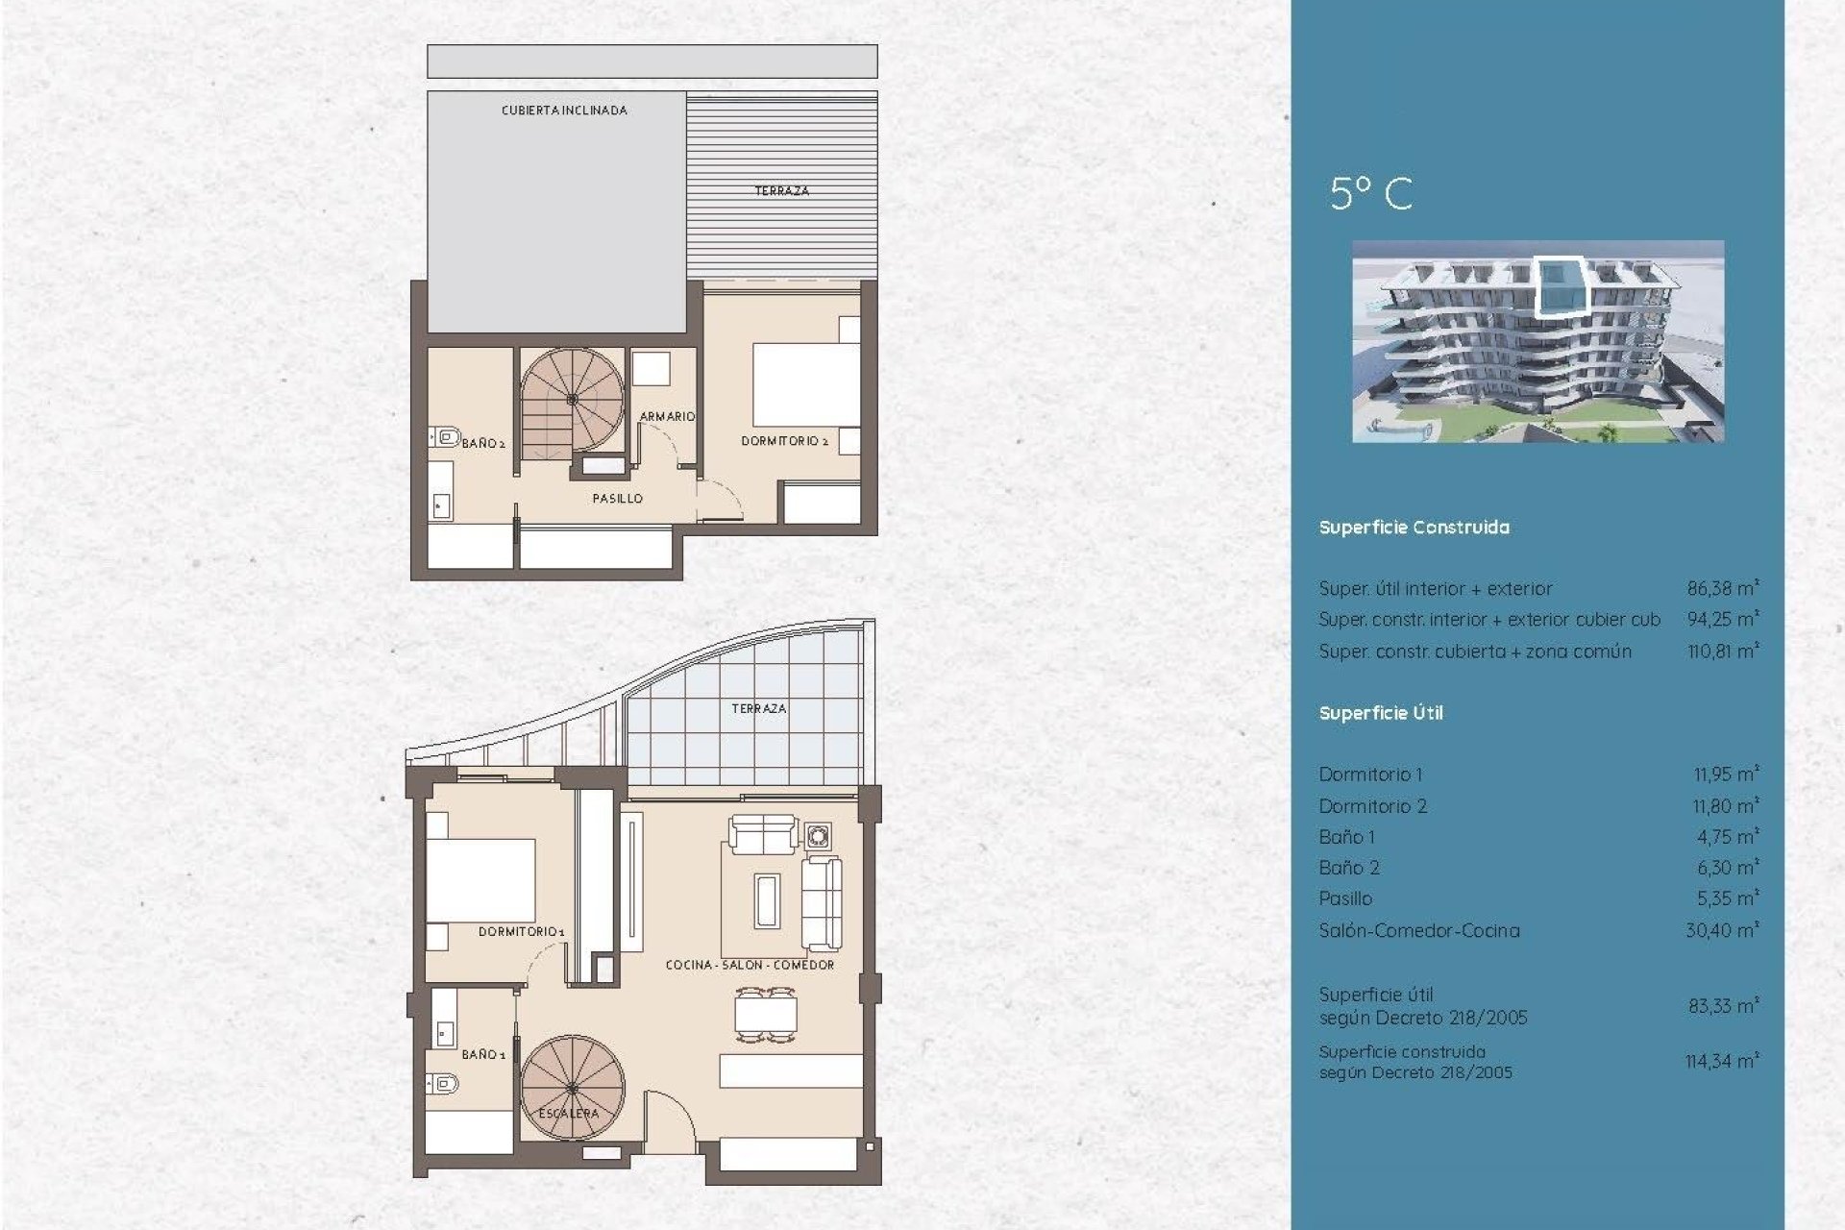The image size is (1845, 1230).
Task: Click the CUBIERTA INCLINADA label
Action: (564, 111)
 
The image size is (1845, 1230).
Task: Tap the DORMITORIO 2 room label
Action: (784, 441)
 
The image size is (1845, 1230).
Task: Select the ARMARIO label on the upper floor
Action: (667, 416)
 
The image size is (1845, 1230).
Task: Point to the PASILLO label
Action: (617, 498)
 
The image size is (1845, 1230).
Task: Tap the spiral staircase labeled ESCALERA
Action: (572, 1087)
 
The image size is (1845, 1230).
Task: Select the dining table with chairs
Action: (766, 1015)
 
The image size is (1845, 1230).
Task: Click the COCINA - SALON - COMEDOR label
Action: (750, 964)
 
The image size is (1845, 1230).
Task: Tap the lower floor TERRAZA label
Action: (758, 708)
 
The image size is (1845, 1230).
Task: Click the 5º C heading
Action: (1370, 193)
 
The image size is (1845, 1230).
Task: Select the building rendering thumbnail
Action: (1537, 341)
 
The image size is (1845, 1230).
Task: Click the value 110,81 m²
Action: (1722, 651)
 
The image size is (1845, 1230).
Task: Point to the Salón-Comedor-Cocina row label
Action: (1418, 930)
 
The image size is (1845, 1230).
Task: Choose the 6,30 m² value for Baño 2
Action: (1727, 868)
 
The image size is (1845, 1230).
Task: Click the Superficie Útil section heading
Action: (1380, 713)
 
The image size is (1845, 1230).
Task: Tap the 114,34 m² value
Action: (1721, 1061)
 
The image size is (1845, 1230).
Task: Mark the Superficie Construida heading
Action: (1414, 528)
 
